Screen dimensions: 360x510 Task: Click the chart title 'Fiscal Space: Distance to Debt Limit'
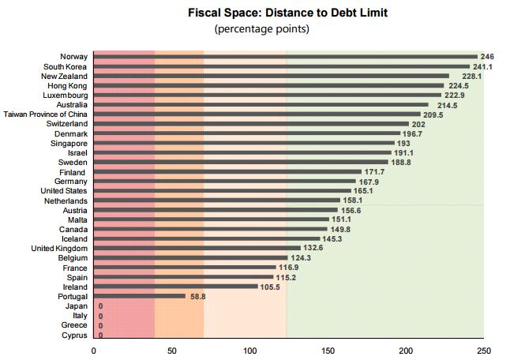[x=287, y=13]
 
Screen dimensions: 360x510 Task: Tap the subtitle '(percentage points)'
[x=261, y=29]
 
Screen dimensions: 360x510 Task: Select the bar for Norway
[x=285, y=57]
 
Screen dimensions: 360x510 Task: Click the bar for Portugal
[x=140, y=296]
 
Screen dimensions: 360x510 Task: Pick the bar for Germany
[x=224, y=182]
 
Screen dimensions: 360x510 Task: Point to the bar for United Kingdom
[x=197, y=248]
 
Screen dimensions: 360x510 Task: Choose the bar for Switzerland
[x=251, y=124]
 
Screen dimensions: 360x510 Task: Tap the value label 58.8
[x=197, y=296]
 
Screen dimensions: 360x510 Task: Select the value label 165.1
[x=364, y=191]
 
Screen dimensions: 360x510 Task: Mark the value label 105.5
[x=271, y=287]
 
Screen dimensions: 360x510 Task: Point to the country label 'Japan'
[x=77, y=306]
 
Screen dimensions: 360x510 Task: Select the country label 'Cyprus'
[x=74, y=335]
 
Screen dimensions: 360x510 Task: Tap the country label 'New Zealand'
[x=66, y=77]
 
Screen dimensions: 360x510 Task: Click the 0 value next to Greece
[x=100, y=325]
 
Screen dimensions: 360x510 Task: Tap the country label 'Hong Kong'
[x=67, y=86]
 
